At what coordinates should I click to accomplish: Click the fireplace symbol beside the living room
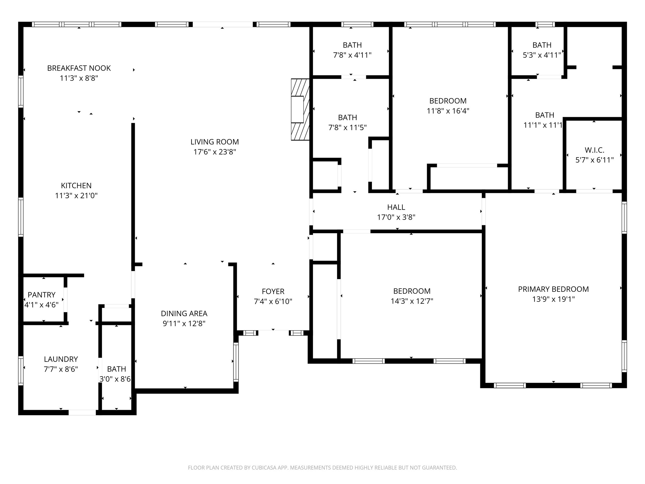[300, 109]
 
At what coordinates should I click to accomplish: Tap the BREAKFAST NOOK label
[79, 68]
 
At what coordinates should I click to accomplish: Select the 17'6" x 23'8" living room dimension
[214, 152]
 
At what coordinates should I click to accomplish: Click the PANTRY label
[42, 295]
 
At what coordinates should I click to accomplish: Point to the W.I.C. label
[594, 150]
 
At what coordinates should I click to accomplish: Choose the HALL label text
[396, 207]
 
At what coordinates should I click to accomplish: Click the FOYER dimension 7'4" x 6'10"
[273, 302]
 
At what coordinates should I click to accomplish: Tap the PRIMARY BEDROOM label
[553, 289]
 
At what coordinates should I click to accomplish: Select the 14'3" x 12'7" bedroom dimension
[412, 301]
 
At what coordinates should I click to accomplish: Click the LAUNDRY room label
[61, 359]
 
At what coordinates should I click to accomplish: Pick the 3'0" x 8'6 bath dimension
[115, 379]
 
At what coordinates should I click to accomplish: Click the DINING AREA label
[184, 314]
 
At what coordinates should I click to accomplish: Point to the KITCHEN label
[76, 186]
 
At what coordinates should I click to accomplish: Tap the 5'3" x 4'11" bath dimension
[542, 55]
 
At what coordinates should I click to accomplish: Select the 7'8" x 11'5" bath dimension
[347, 127]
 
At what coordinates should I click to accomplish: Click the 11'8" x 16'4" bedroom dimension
[448, 111]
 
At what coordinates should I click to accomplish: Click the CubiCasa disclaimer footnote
[322, 468]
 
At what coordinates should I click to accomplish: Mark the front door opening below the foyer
[273, 332]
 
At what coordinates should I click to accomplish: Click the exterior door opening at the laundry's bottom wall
[82, 412]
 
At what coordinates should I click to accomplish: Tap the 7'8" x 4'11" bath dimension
[352, 55]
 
